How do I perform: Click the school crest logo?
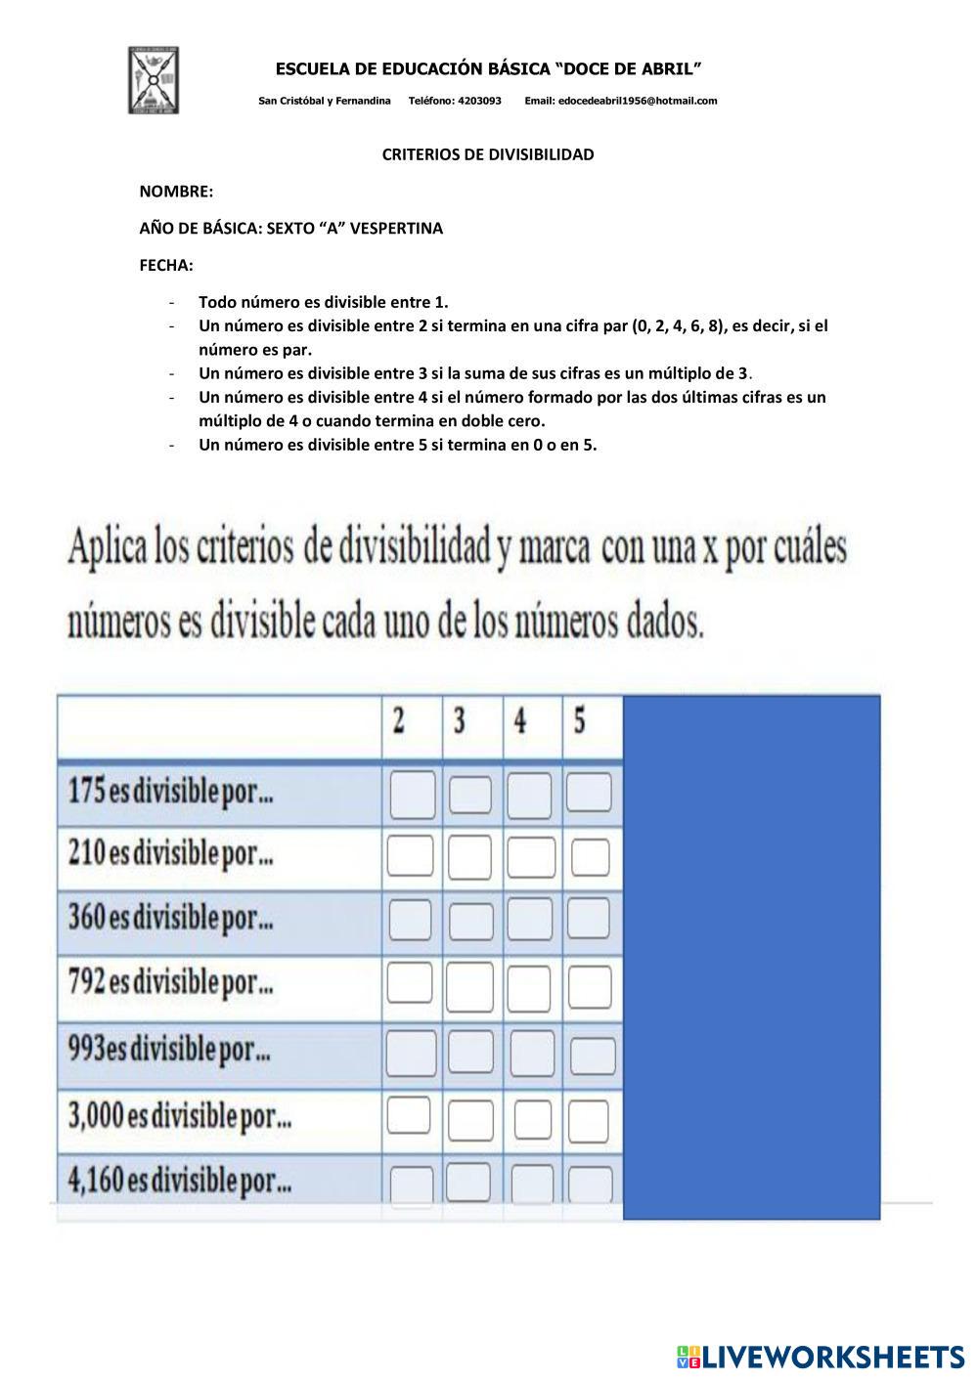[154, 79]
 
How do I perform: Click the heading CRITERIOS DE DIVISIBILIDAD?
[488, 154]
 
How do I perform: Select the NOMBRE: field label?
[176, 192]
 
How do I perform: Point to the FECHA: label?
[166, 265]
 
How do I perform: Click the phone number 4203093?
[479, 101]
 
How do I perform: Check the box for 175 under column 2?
[413, 794]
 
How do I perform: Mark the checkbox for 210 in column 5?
[590, 858]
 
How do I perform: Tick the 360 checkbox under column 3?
[471, 921]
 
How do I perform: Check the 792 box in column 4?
[529, 987]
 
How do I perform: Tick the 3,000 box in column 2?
[409, 1115]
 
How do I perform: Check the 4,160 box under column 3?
[468, 1181]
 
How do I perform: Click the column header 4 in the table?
[520, 722]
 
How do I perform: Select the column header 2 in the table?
[399, 722]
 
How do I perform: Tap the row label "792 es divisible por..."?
[171, 982]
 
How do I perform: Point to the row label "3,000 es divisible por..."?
[180, 1114]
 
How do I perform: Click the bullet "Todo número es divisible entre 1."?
[323, 302]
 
